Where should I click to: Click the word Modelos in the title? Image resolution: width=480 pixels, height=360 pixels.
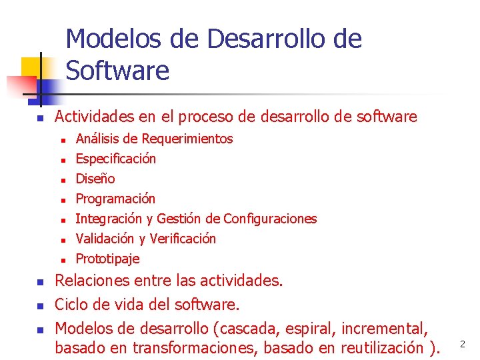112,39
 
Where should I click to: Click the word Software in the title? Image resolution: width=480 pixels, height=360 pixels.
117,70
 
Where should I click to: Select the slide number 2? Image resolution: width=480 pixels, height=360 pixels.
462,344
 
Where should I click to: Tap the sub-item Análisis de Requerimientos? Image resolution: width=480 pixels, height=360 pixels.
154,139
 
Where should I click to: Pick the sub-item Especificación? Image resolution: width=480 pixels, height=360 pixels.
115,159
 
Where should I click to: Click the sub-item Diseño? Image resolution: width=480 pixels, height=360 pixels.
95,179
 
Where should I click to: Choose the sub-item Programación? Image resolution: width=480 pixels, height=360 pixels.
115,199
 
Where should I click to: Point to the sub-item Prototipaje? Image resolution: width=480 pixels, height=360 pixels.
107,259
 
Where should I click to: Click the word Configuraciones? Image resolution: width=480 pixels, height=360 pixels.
270,219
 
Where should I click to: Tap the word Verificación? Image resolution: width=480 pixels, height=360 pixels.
183,239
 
